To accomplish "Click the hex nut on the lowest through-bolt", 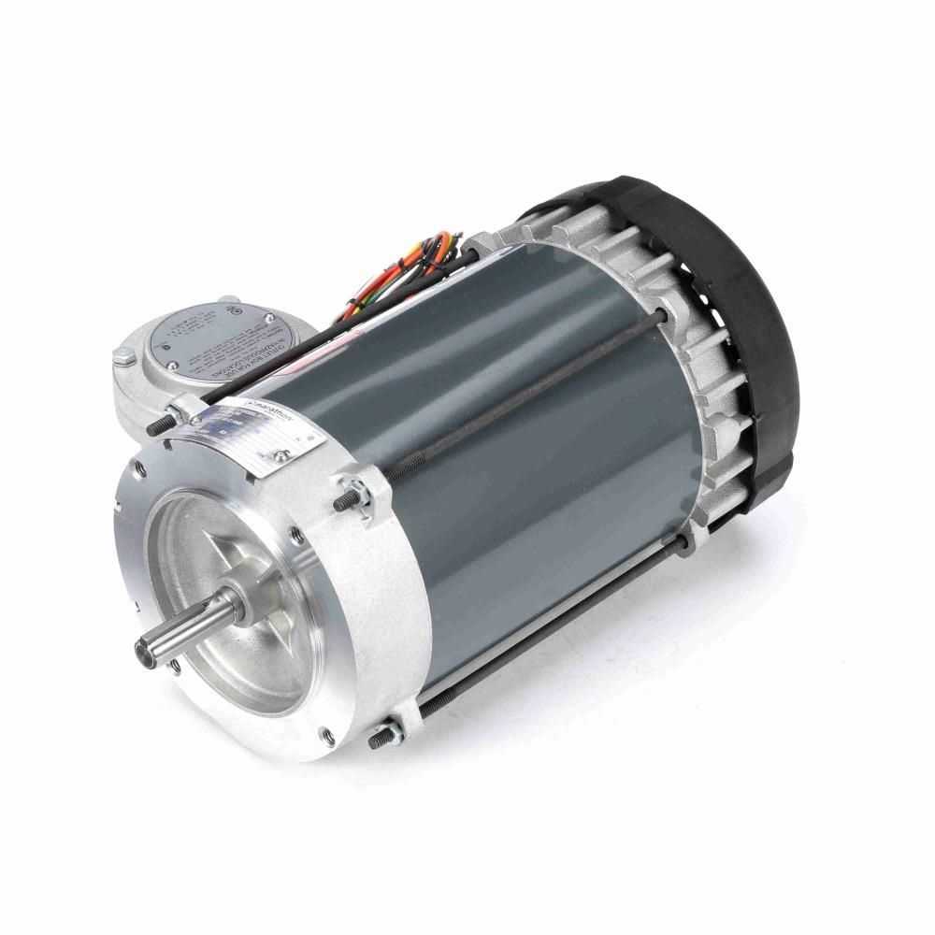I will [392, 729].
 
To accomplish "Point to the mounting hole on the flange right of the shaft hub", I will [296, 535].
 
